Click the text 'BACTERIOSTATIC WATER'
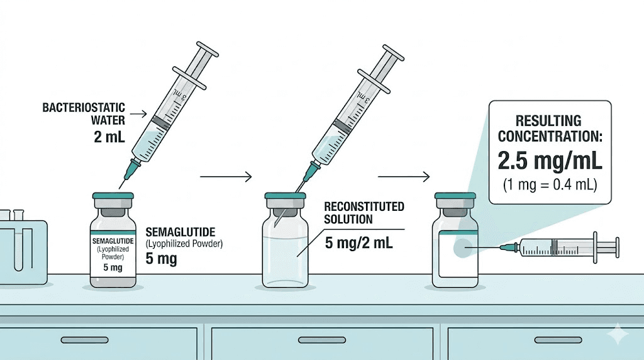point(83,113)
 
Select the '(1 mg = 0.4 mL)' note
point(550,186)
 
